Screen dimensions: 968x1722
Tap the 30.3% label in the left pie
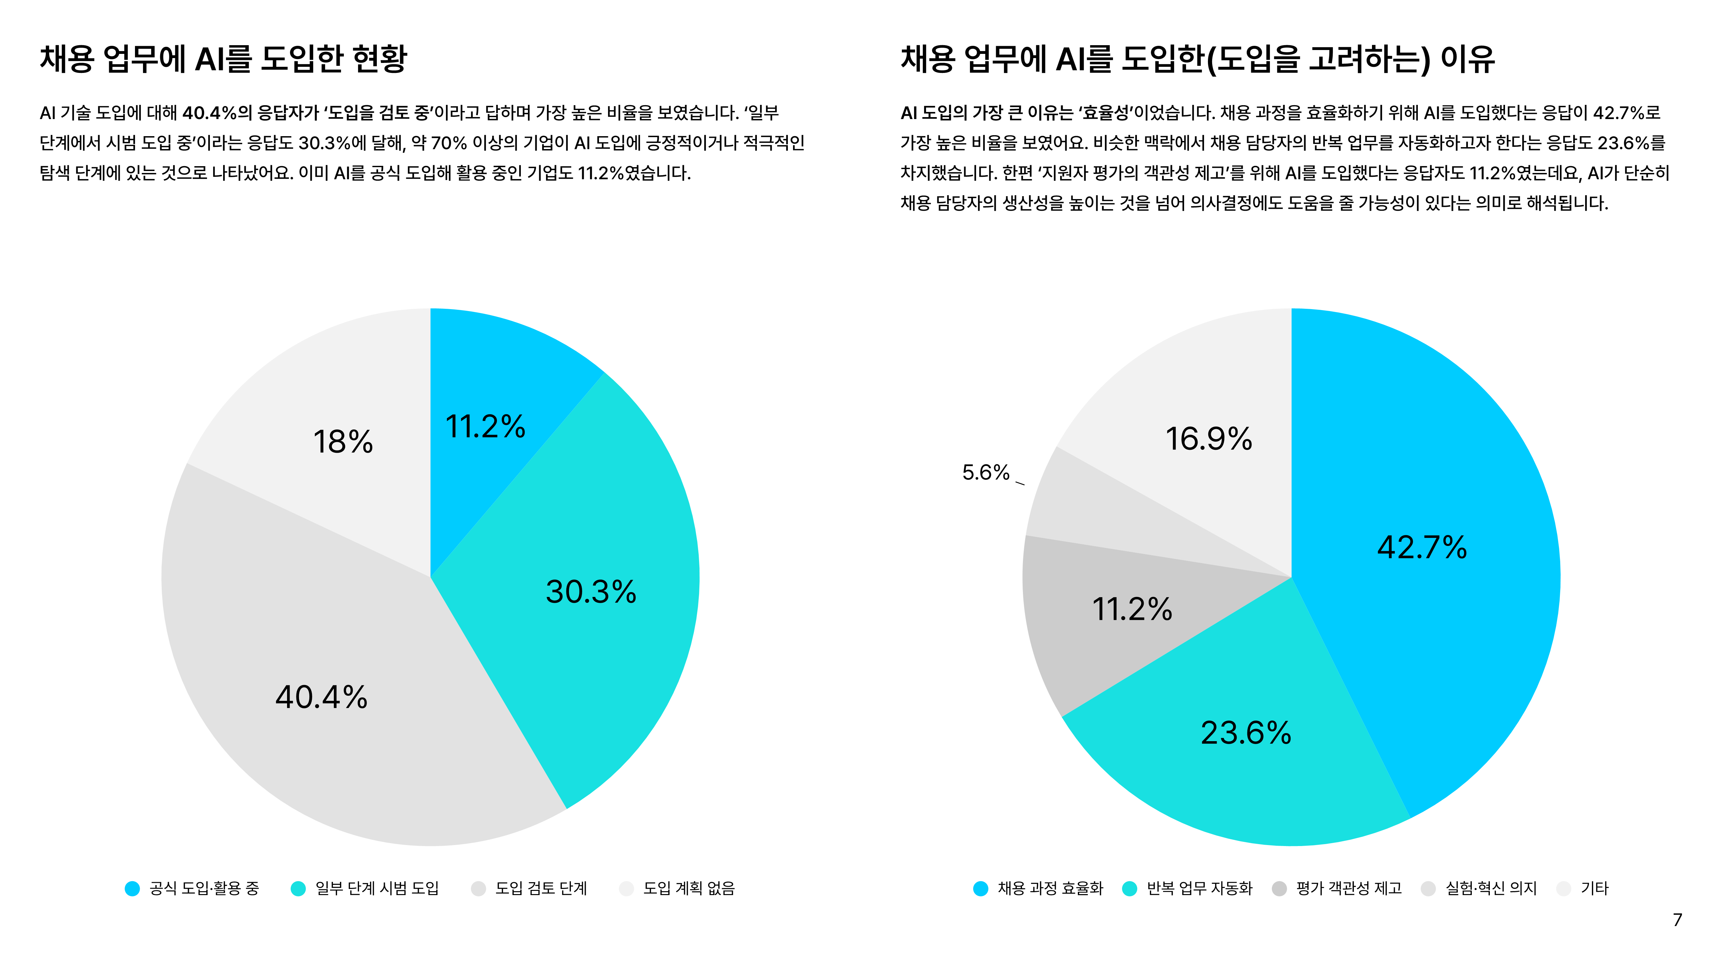(x=591, y=592)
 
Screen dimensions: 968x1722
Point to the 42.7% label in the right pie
(x=1422, y=548)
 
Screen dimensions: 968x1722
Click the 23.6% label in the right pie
(x=1246, y=733)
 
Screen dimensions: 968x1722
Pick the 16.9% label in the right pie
(x=1209, y=439)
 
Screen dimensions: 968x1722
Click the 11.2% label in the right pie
(x=1132, y=609)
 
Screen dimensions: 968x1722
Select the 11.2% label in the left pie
(x=485, y=427)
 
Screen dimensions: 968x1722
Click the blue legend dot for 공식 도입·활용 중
(x=132, y=889)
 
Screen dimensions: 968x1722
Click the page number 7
(x=1677, y=920)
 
